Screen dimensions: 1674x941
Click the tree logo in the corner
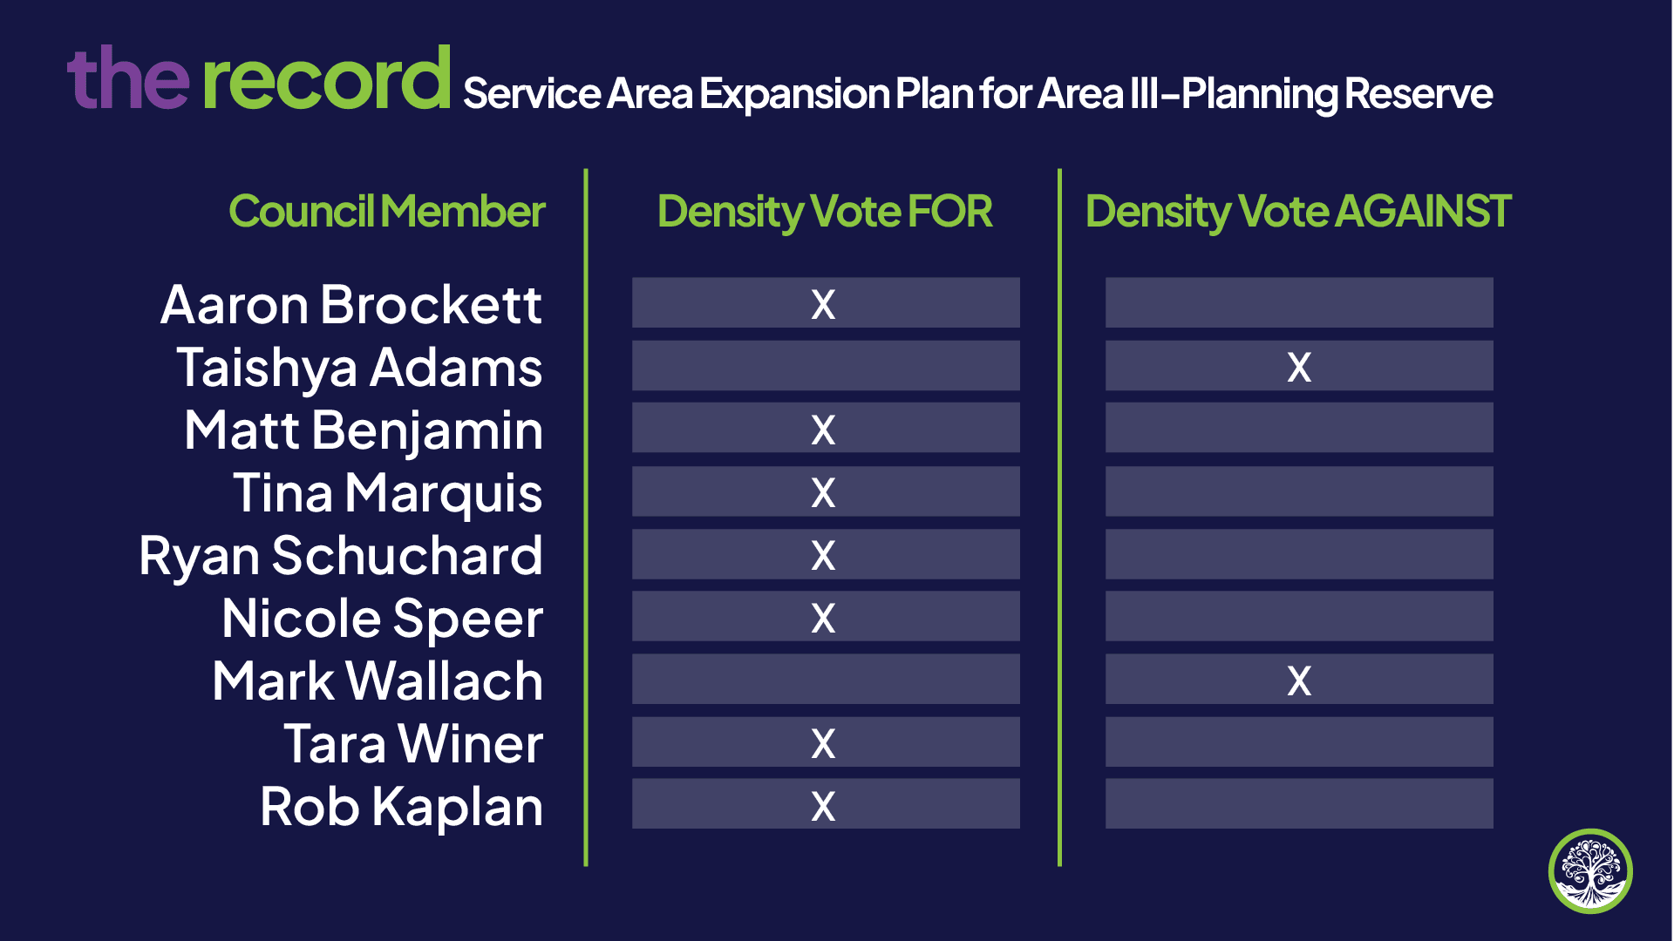coord(1590,870)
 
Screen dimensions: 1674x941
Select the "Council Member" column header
coord(387,212)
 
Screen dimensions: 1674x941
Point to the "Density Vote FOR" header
coord(825,213)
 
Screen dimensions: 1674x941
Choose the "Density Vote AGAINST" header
coord(1298,213)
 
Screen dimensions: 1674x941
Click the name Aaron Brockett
coord(351,305)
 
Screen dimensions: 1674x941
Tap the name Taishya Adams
coord(359,369)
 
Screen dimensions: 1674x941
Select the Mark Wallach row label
coord(378,681)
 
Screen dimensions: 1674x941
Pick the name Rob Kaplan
coord(402,808)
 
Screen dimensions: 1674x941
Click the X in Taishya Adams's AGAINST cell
coord(1299,367)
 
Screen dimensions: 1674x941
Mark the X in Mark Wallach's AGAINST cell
coord(1299,680)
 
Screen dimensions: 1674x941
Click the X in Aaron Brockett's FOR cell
coord(823,304)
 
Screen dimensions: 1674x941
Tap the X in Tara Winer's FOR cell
coord(823,743)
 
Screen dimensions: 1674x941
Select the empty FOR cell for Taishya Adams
coord(826,365)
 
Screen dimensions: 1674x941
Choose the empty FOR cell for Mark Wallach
coord(826,679)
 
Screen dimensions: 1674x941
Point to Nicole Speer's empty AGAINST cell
coord(1299,616)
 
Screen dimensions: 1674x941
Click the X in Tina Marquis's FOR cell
coord(823,492)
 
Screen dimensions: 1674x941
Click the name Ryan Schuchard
coord(341,556)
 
